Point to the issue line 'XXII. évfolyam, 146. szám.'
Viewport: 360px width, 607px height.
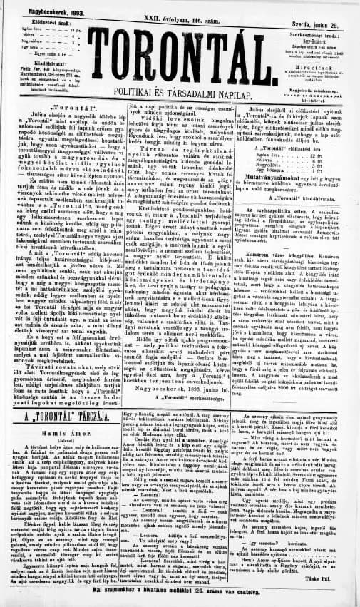[180, 14]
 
